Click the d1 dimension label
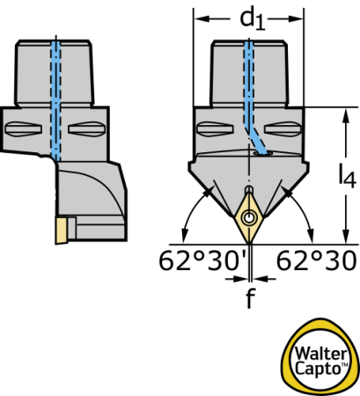coord(253,19)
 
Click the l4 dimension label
coord(347,175)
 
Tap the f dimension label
coord(250,297)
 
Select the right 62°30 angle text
coord(316,261)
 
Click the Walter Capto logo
coord(320,356)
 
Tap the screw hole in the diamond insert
coord(249,218)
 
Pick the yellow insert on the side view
coord(61,231)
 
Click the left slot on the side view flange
coord(24,129)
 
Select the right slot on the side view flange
coord(86,129)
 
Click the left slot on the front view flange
coord(215,129)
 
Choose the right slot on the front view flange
coord(283,129)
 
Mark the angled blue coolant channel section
coord(258,142)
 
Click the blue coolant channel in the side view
coord(55,100)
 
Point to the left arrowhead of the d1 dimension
coord(202,19)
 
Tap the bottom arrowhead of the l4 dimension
coord(347,236)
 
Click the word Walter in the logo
coord(320,354)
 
